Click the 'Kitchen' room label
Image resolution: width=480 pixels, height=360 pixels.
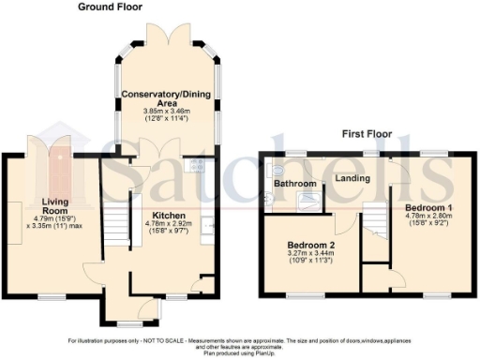[156, 215]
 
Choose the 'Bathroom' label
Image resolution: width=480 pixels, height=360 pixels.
[295, 184]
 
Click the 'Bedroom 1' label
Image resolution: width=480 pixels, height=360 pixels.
[429, 206]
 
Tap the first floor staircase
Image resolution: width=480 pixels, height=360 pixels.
[375, 221]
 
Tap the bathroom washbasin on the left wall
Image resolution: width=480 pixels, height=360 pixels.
[269, 172]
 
